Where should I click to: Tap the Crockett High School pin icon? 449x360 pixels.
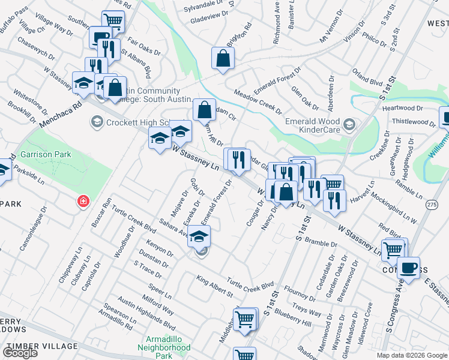[96, 122]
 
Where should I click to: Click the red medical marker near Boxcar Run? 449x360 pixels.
[83, 201]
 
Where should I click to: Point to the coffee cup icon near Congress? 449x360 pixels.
[410, 268]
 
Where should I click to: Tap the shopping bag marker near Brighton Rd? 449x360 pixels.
[223, 59]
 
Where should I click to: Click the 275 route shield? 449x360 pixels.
[431, 205]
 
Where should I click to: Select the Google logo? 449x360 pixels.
[20, 353]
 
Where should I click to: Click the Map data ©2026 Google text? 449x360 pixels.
[412, 355]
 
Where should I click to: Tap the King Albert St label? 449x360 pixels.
[215, 286]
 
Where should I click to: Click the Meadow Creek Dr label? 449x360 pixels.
[258, 102]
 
